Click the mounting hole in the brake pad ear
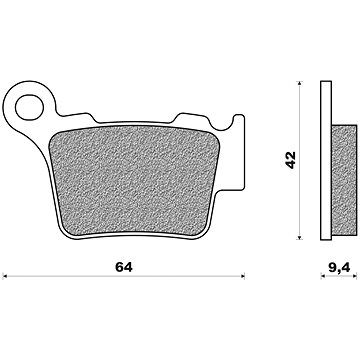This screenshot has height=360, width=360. click(x=29, y=107)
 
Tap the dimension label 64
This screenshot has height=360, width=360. click(x=124, y=267)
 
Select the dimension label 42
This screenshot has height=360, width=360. click(x=291, y=160)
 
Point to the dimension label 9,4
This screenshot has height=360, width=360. click(x=339, y=268)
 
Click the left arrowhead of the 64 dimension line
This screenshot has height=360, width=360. click(x=4, y=276)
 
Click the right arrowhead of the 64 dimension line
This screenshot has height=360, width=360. click(x=243, y=276)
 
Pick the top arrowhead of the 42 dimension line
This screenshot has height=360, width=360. click(x=299, y=83)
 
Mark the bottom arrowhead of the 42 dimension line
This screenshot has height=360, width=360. click(x=299, y=237)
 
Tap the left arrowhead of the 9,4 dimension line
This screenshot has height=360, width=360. click(x=323, y=276)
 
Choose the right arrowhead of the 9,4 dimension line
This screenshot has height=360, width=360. click(x=355, y=276)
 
